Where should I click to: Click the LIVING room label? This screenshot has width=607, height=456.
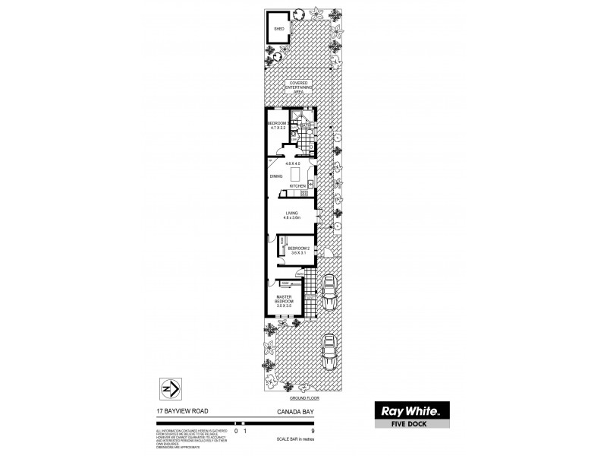pyautogui.click(x=292, y=215)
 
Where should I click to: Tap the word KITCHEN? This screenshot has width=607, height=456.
pyautogui.click(x=297, y=185)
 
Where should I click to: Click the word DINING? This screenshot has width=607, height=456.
pyautogui.click(x=276, y=176)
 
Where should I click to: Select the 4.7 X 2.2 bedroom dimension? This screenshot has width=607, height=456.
pyautogui.click(x=278, y=128)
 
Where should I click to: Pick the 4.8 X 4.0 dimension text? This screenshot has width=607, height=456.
pyautogui.click(x=293, y=163)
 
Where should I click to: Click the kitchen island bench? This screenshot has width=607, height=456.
pyautogui.click(x=297, y=173)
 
